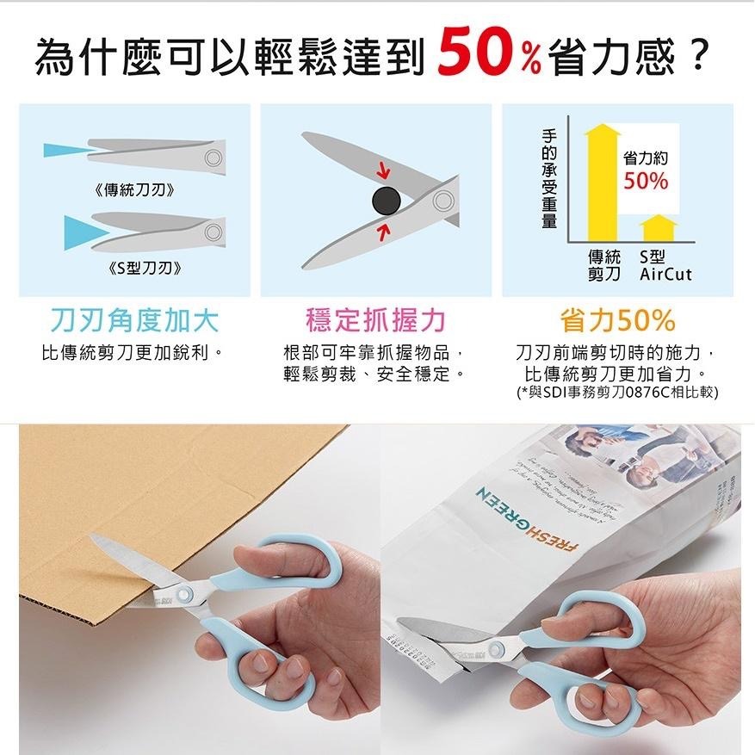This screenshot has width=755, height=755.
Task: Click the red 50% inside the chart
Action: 646,181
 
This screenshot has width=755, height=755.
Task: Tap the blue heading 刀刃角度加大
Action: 134,320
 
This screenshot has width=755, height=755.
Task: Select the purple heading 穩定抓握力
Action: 376,320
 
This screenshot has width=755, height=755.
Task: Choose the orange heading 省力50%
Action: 617,320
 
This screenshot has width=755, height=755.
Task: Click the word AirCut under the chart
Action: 665,275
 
